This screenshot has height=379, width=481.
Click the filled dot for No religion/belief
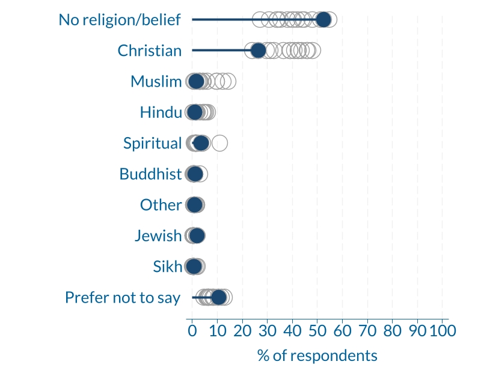tap(323, 20)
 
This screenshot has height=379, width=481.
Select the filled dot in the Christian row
tap(258, 51)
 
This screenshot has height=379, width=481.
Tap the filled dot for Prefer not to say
tap(218, 297)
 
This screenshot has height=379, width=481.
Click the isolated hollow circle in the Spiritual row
tap(219, 143)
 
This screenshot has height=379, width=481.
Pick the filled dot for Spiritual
tap(201, 143)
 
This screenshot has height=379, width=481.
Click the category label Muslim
tap(156, 81)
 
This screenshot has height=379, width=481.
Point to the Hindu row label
tap(161, 112)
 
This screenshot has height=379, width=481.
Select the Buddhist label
tap(150, 174)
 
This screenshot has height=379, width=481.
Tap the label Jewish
tap(158, 236)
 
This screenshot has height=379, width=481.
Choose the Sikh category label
tap(167, 267)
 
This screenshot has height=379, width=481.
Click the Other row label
tap(161, 205)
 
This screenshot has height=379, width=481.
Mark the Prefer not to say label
tap(123, 297)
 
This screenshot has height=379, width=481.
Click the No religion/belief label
tap(120, 20)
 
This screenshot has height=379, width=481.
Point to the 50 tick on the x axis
tap(317, 330)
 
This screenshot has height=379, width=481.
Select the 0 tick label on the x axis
tap(192, 330)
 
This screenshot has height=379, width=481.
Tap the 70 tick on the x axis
tap(367, 330)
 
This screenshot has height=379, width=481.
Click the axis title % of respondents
tap(317, 356)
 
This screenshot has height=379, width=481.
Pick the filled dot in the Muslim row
tap(196, 81)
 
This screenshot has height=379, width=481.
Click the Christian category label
tap(150, 51)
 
